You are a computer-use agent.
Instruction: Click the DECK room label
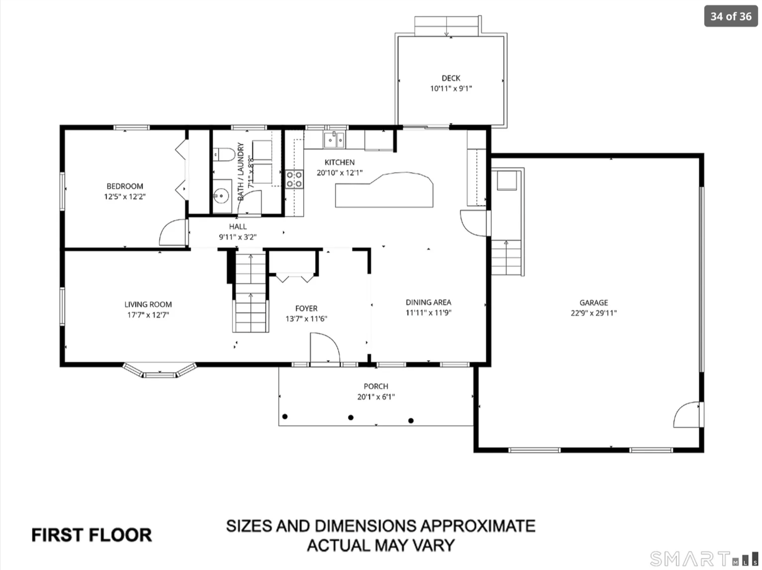[451, 78]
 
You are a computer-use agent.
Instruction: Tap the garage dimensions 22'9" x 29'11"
[594, 312]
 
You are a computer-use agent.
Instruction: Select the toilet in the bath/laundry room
[224, 154]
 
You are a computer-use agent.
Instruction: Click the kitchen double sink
[334, 140]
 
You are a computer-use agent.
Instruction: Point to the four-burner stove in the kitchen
[294, 179]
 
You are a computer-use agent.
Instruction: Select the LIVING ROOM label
[148, 305]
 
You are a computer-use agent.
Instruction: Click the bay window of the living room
[160, 373]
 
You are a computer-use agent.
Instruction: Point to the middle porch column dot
[351, 417]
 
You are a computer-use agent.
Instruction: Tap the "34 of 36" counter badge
[731, 16]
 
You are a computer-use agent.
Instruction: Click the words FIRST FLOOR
[92, 535]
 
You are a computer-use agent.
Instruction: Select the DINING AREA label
[429, 302]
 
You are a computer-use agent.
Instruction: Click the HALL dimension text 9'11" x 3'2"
[238, 237]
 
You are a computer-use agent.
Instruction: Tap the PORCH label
[376, 386]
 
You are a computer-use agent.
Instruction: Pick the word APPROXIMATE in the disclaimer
[478, 526]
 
